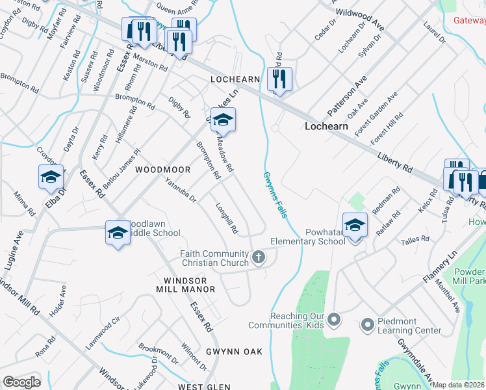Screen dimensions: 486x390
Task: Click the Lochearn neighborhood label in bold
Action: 326,126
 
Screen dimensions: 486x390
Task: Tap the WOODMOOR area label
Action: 162,170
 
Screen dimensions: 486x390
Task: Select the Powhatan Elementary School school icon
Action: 355,226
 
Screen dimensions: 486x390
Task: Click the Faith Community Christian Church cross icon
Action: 258,257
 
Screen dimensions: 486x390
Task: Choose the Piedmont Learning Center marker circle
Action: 367,323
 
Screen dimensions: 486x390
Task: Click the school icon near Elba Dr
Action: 51,177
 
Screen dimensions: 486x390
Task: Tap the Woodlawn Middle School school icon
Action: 118,231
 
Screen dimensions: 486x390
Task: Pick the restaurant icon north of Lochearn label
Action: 279,79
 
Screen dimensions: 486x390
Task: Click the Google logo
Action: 21,382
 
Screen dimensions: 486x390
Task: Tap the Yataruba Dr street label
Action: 181,190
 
